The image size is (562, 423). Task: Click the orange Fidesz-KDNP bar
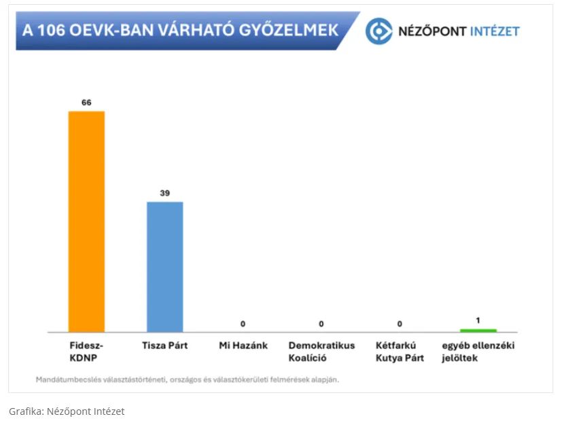[x=86, y=221]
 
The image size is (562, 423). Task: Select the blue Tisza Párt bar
[x=165, y=267]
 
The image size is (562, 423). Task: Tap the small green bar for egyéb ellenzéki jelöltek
[x=478, y=331]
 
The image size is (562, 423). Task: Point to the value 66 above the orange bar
[x=86, y=103]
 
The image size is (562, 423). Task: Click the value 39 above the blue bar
[x=165, y=193]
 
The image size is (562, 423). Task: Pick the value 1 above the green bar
[x=478, y=320]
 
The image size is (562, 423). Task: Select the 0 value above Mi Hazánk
[x=243, y=324]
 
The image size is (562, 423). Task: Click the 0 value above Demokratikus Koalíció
[x=321, y=324]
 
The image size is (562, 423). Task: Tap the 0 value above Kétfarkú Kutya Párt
[x=400, y=324]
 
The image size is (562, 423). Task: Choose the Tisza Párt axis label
[x=165, y=345]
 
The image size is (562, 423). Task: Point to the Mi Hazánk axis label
[x=243, y=345]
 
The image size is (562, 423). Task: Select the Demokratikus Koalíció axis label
[x=321, y=351]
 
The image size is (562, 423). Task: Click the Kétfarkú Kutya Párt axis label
[x=400, y=351]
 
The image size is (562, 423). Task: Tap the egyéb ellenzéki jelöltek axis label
[x=478, y=351]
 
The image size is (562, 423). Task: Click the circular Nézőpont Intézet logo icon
[x=379, y=31]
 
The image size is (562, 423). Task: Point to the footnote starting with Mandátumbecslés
[x=188, y=379]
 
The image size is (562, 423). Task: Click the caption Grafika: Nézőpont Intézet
[x=67, y=411]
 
